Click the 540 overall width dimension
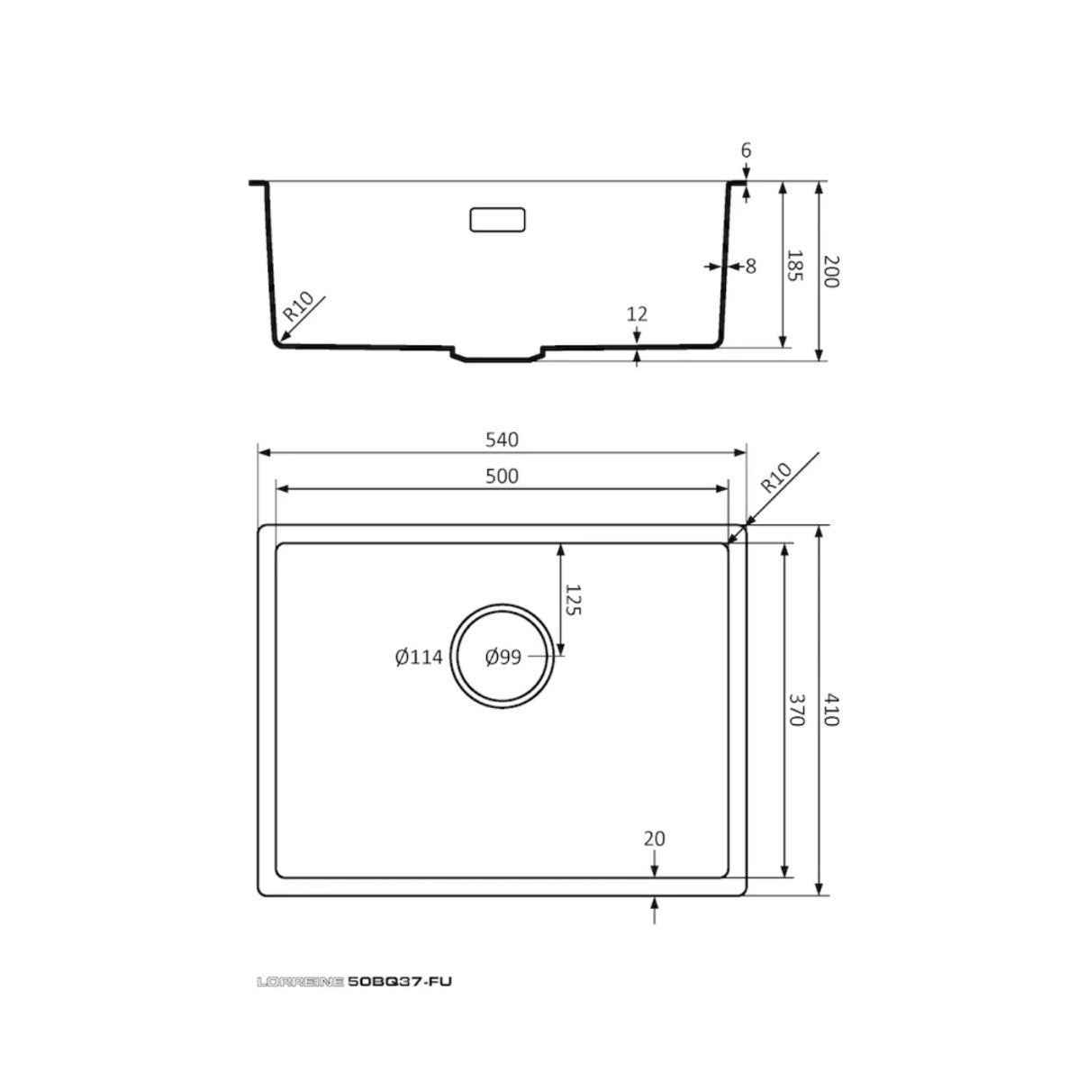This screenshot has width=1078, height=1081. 502,440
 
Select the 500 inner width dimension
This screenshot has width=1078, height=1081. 502,476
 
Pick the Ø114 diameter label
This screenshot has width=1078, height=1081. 419,658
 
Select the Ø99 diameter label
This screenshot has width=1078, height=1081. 503,658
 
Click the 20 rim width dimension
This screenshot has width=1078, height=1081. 655,838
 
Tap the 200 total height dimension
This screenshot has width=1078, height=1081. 829,271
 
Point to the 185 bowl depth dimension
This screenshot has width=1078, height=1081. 795,267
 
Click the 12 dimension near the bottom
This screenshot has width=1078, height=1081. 637,313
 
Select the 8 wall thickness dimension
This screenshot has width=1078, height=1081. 750,266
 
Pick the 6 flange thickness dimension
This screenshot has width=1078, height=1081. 746,150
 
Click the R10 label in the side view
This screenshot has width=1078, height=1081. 298,308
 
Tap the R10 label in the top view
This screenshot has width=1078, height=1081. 775,477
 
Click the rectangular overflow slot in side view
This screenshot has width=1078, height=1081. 497,220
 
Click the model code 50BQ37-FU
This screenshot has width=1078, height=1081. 399,982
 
